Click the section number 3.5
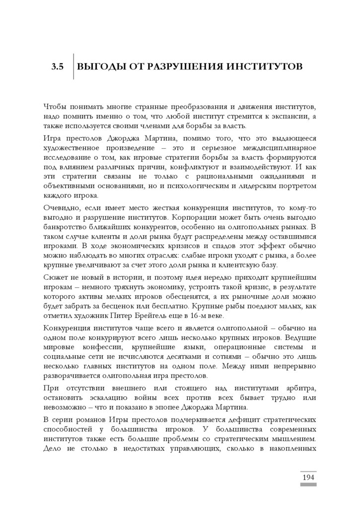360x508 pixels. (58, 66)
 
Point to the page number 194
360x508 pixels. (308, 477)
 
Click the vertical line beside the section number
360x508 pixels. (73, 66)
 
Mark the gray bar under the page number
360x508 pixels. (308, 485)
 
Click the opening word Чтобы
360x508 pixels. (55, 107)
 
